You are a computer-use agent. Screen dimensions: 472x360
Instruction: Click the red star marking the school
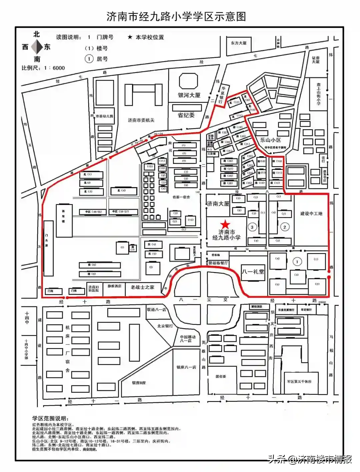pos(226,224)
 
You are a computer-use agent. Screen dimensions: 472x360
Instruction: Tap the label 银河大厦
pos(189,95)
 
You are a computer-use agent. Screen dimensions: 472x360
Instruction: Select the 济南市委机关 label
pos(141,120)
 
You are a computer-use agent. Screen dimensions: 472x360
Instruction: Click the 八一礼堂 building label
pos(253,271)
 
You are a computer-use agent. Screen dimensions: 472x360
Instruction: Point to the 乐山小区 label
pos(270,140)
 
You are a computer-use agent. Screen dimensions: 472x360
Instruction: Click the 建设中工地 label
pos(311,214)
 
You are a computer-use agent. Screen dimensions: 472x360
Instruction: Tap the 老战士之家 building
pos(142,287)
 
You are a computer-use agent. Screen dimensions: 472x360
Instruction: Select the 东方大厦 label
pos(239,43)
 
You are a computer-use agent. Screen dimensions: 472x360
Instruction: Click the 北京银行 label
pos(165,326)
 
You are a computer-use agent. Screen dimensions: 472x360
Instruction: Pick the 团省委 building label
pos(221,376)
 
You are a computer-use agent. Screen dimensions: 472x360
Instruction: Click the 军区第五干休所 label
pos(299,382)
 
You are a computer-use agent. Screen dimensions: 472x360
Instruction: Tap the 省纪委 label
pos(186,115)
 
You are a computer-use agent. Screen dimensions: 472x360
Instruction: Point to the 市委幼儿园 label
pos(104,116)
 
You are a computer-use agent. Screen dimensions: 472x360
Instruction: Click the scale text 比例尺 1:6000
pos(43,68)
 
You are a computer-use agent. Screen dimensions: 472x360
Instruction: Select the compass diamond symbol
pos(37,47)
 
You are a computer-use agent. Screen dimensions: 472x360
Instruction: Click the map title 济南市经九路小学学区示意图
pos(176,16)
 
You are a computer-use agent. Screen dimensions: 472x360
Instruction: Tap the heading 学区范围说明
pos(51,419)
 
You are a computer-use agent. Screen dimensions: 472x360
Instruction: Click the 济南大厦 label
pos(218,204)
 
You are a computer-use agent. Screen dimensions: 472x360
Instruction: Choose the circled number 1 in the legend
pos(89,59)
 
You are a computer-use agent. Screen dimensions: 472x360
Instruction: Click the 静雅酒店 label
pos(114,286)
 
